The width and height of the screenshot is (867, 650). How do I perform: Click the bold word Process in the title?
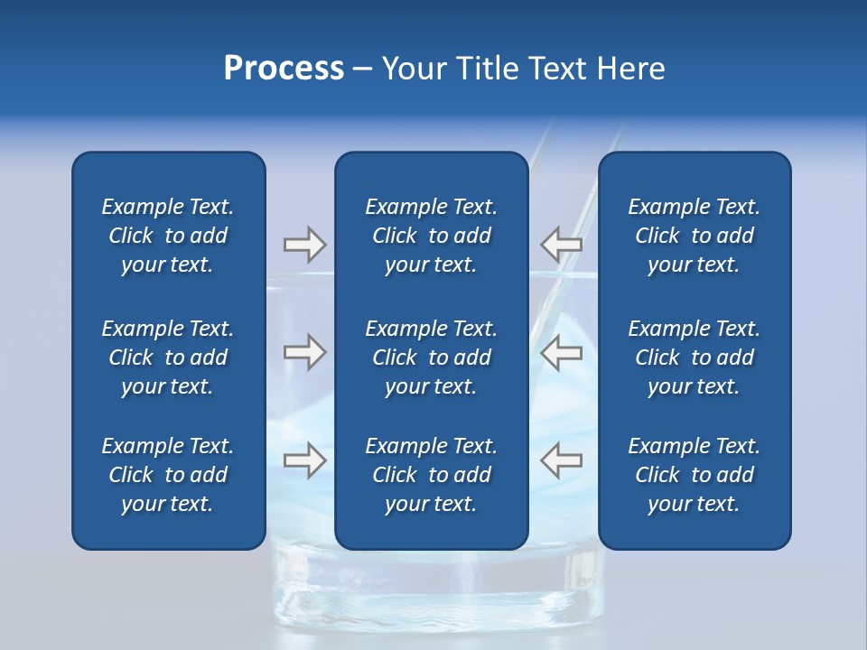284,69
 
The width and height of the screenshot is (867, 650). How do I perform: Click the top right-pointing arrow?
304,245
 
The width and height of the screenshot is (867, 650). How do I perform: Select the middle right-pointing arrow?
304,352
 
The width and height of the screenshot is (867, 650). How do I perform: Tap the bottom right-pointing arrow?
304,460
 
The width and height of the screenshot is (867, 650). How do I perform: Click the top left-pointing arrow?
562,245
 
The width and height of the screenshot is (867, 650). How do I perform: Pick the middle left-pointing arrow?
562,352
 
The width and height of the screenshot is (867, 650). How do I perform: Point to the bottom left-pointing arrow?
562,460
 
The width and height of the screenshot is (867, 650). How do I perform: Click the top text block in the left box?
168,236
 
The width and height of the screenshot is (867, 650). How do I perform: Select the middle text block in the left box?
168,357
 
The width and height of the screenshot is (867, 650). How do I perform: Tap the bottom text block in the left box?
168,475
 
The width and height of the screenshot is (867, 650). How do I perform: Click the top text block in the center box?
431,236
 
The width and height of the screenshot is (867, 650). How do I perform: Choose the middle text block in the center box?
431,357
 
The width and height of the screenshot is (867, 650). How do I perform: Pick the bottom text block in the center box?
431,475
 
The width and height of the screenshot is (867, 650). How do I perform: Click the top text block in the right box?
694,236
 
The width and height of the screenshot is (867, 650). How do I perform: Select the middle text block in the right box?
694,357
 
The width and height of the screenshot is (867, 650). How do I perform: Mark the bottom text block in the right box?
694,475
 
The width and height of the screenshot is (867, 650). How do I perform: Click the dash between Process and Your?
362,69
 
